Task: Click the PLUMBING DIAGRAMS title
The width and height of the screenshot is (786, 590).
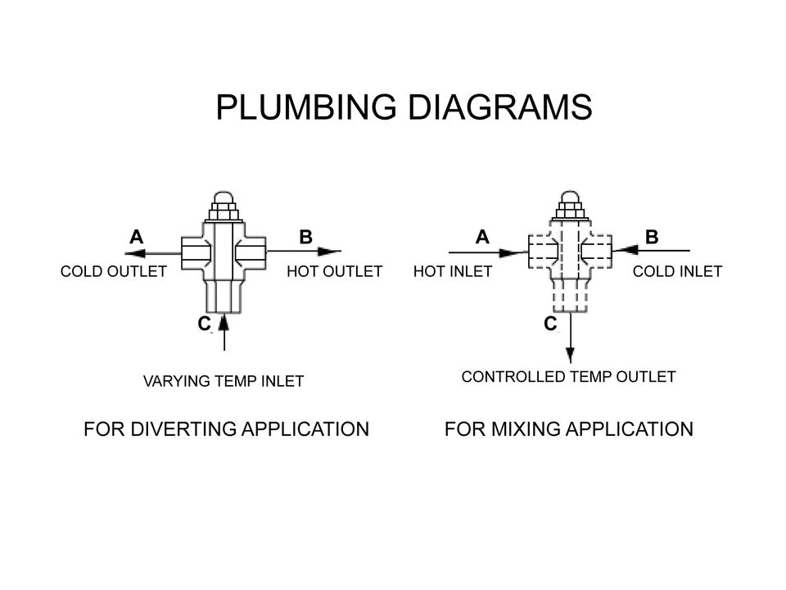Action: [x=404, y=107]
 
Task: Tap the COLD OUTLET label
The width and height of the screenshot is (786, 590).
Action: [x=113, y=271]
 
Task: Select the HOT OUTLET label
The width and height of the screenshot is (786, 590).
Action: [x=334, y=271]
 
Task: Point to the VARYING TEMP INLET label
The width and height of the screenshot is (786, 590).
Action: [x=224, y=381]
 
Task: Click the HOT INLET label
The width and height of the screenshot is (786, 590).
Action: [x=453, y=271]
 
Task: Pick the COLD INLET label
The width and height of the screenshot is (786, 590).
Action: [x=677, y=271]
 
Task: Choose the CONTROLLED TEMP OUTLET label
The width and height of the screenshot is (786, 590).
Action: [x=568, y=377]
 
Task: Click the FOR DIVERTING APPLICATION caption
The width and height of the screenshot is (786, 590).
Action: [x=226, y=429]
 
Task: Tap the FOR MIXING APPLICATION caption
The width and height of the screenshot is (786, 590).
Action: [x=568, y=429]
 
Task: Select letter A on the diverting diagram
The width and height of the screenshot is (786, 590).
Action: [x=136, y=237]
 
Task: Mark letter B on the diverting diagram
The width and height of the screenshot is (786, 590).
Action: [x=305, y=237]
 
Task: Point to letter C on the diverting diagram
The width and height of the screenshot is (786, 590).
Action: [x=204, y=324]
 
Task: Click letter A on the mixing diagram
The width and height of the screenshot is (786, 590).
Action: [x=482, y=237]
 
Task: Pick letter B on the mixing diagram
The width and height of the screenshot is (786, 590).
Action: [x=652, y=237]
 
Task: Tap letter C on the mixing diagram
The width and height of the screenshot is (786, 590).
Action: [x=550, y=324]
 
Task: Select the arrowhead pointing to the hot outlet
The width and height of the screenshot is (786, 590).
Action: [x=330, y=251]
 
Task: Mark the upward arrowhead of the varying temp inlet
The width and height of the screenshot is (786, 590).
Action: [x=224, y=321]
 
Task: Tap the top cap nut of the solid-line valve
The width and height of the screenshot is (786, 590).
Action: [x=224, y=202]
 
